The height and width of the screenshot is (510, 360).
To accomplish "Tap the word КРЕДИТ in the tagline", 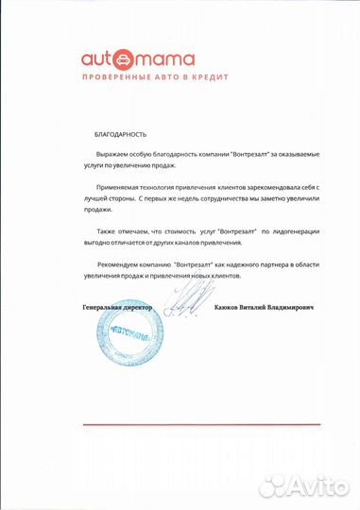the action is click(183, 79).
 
